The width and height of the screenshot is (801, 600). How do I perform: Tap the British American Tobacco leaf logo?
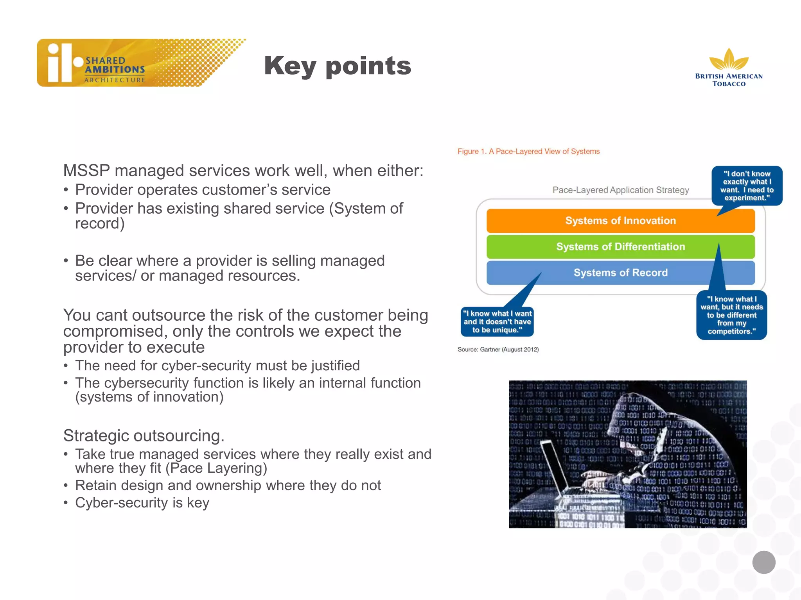point(729,60)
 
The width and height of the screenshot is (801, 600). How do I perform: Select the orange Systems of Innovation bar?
point(620,221)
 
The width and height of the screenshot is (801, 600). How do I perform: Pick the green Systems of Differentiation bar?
point(620,247)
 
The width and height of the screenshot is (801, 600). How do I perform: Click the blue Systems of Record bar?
point(620,273)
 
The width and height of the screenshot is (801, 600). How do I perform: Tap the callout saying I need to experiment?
point(747,186)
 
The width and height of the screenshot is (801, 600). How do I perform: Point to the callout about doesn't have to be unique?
point(497,322)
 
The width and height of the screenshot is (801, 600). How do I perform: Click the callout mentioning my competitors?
point(731,315)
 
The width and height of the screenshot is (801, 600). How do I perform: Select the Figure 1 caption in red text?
point(528,152)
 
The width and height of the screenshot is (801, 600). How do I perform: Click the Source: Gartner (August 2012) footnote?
point(498,350)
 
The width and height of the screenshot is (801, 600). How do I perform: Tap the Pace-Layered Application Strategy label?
point(620,190)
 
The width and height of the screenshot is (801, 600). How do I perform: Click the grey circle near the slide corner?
point(763,562)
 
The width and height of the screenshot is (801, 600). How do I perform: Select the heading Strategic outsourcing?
point(144,436)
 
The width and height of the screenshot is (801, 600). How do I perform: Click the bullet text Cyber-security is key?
point(142,503)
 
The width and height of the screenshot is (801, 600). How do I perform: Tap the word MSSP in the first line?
point(86,171)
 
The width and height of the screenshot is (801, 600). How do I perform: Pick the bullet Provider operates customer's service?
point(203,190)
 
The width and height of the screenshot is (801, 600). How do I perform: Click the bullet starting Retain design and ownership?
point(228,486)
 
